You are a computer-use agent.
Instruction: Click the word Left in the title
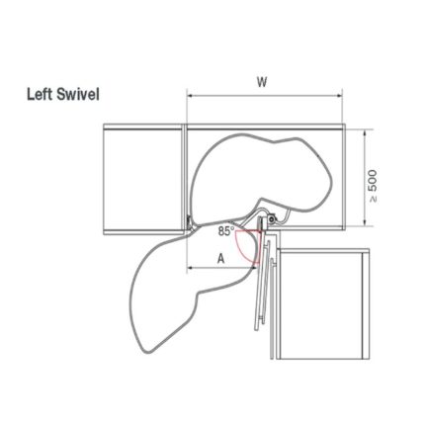tap(40, 95)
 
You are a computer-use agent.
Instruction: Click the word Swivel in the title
tap(78, 95)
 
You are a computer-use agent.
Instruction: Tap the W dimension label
tap(262, 82)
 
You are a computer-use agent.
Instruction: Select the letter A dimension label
tap(221, 259)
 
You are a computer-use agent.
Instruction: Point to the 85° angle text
tap(226, 231)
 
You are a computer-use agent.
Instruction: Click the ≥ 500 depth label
tap(373, 186)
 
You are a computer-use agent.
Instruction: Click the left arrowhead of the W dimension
tap(191, 96)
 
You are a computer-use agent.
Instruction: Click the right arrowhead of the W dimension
tap(339, 96)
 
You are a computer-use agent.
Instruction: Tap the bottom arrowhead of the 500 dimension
tap(365, 221)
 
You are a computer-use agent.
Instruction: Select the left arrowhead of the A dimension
tap(191, 268)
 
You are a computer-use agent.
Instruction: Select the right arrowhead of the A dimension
tap(253, 268)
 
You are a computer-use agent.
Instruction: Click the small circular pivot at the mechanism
tap(271, 218)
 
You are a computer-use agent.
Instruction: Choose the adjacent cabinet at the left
tap(142, 179)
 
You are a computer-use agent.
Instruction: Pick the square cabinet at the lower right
tap(323, 304)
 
